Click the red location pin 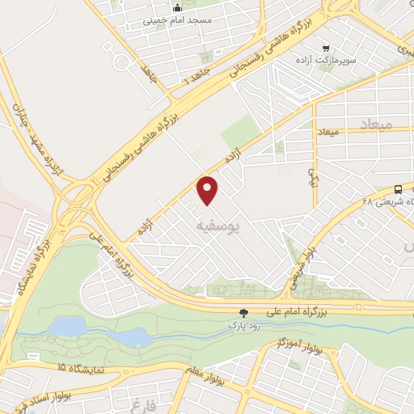pos(209,190)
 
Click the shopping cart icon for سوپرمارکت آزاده pos(326,48)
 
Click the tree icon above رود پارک pos(243,313)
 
